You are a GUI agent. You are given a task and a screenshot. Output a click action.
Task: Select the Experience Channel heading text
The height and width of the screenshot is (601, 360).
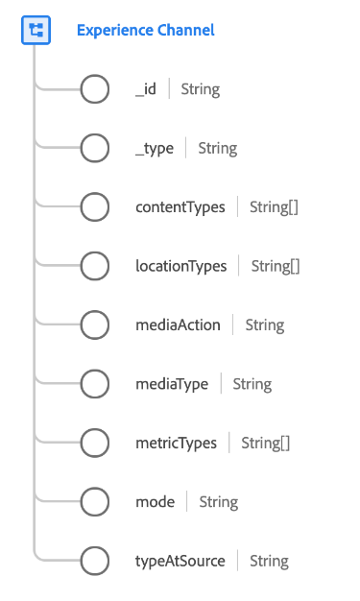(145, 31)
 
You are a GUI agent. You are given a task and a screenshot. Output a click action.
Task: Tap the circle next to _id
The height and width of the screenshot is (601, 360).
(94, 90)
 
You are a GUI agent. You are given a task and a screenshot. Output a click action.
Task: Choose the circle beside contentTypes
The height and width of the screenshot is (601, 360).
(94, 207)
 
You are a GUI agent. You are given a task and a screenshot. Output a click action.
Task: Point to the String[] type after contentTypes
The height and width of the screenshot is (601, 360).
(274, 207)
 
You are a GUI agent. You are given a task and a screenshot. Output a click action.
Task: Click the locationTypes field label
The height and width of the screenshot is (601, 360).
(181, 266)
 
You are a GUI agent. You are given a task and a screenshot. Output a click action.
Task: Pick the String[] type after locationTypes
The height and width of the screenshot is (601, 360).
(276, 266)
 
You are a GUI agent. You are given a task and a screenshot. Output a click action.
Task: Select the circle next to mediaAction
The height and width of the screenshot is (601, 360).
(94, 325)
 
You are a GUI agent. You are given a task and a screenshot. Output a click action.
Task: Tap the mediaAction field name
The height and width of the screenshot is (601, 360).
(178, 325)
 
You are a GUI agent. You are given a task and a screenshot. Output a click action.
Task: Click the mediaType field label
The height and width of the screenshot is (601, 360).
(172, 384)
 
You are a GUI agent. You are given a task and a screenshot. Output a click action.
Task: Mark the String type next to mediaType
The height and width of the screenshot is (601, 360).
(252, 384)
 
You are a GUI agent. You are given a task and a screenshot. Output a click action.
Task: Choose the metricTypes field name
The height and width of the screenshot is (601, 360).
(176, 443)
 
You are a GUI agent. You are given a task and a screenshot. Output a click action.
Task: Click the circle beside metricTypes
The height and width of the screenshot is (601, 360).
(94, 443)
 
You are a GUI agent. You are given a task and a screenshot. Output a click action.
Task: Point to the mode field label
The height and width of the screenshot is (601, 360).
(154, 502)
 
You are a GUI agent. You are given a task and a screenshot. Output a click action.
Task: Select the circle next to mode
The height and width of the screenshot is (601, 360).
(94, 502)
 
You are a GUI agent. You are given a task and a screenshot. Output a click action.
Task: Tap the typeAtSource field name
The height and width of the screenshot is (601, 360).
(180, 561)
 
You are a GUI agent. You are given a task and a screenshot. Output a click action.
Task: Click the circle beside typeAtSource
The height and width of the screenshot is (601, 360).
(94, 561)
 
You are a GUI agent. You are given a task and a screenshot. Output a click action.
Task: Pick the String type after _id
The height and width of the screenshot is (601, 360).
(200, 90)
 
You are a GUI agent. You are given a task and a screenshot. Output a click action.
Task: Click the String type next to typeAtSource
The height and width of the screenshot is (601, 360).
(269, 561)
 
